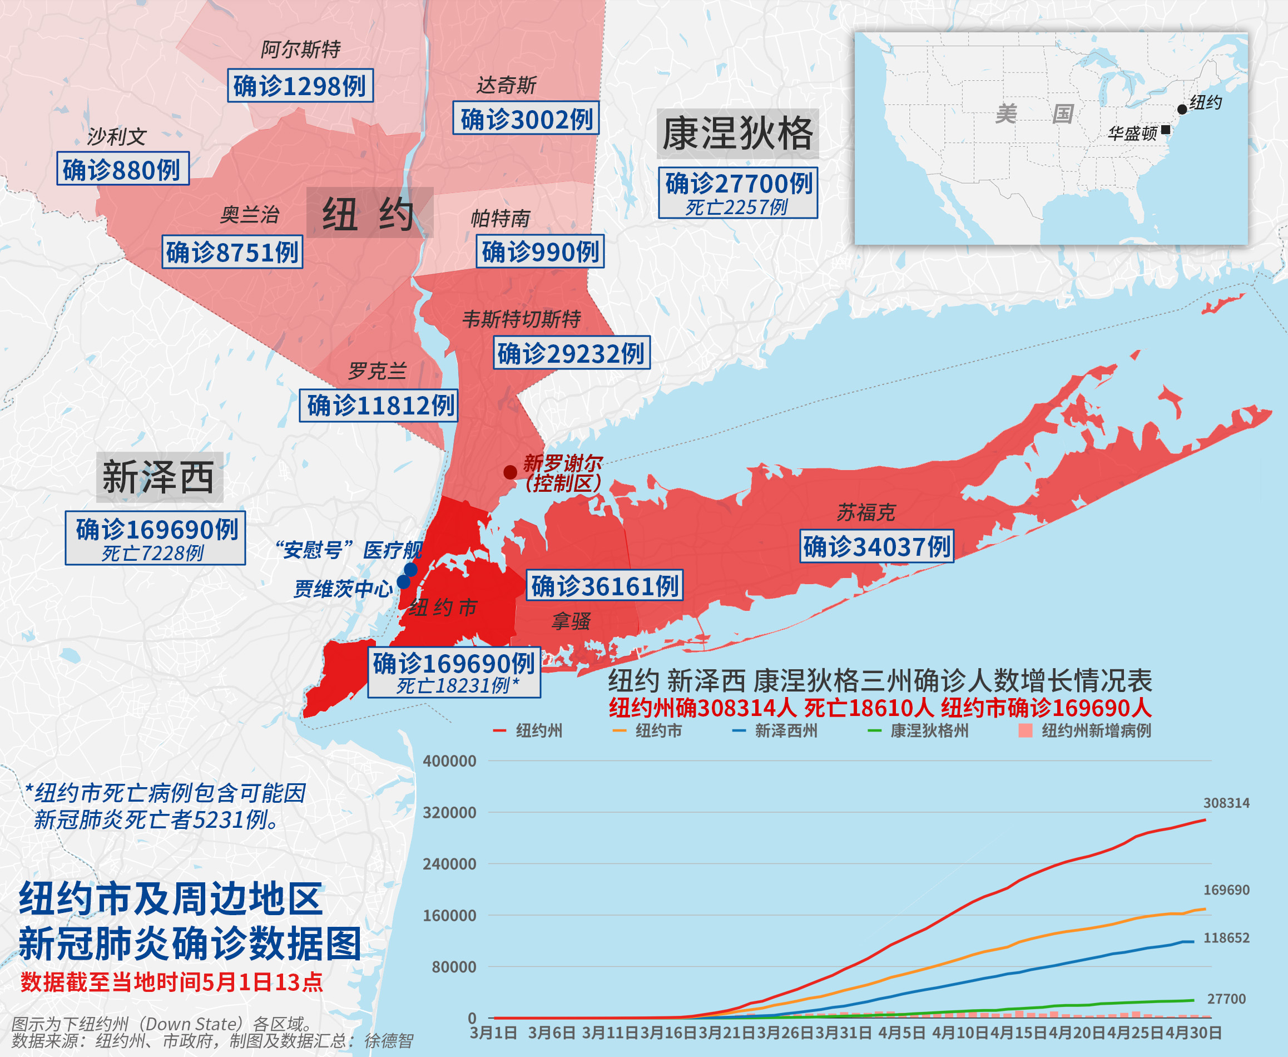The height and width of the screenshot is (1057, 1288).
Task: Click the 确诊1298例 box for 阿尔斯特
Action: pos(300,85)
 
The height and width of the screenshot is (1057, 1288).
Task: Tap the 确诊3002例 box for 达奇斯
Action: pos(526,118)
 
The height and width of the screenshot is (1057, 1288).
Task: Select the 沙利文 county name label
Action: pos(116,136)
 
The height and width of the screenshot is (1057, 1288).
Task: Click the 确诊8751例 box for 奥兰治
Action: pos(232,251)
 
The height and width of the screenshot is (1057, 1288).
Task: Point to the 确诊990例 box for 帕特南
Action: pos(539,251)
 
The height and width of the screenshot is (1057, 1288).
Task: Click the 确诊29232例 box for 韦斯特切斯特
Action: pos(571,353)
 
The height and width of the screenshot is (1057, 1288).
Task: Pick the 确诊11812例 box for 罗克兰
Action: pos(378,405)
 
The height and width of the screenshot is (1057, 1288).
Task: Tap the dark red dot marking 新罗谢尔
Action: pos(510,472)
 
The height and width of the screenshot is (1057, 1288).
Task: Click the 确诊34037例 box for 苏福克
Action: pos(876,546)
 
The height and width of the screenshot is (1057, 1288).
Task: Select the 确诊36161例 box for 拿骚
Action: pos(604,585)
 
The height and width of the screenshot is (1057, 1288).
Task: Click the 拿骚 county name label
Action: pos(571,621)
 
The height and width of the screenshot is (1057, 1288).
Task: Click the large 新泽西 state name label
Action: pos(159,477)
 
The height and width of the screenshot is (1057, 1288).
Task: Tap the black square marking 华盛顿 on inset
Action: pos(1165,129)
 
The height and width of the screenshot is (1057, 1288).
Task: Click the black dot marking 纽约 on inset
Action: pos(1181,110)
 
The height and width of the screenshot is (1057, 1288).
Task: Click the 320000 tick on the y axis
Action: pos(449,812)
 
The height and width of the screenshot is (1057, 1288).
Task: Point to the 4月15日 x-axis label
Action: pos(1018,1032)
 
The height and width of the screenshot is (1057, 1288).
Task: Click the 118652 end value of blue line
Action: pos(1226,937)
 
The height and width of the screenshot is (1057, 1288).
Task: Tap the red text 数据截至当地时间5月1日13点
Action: pos(172,982)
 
